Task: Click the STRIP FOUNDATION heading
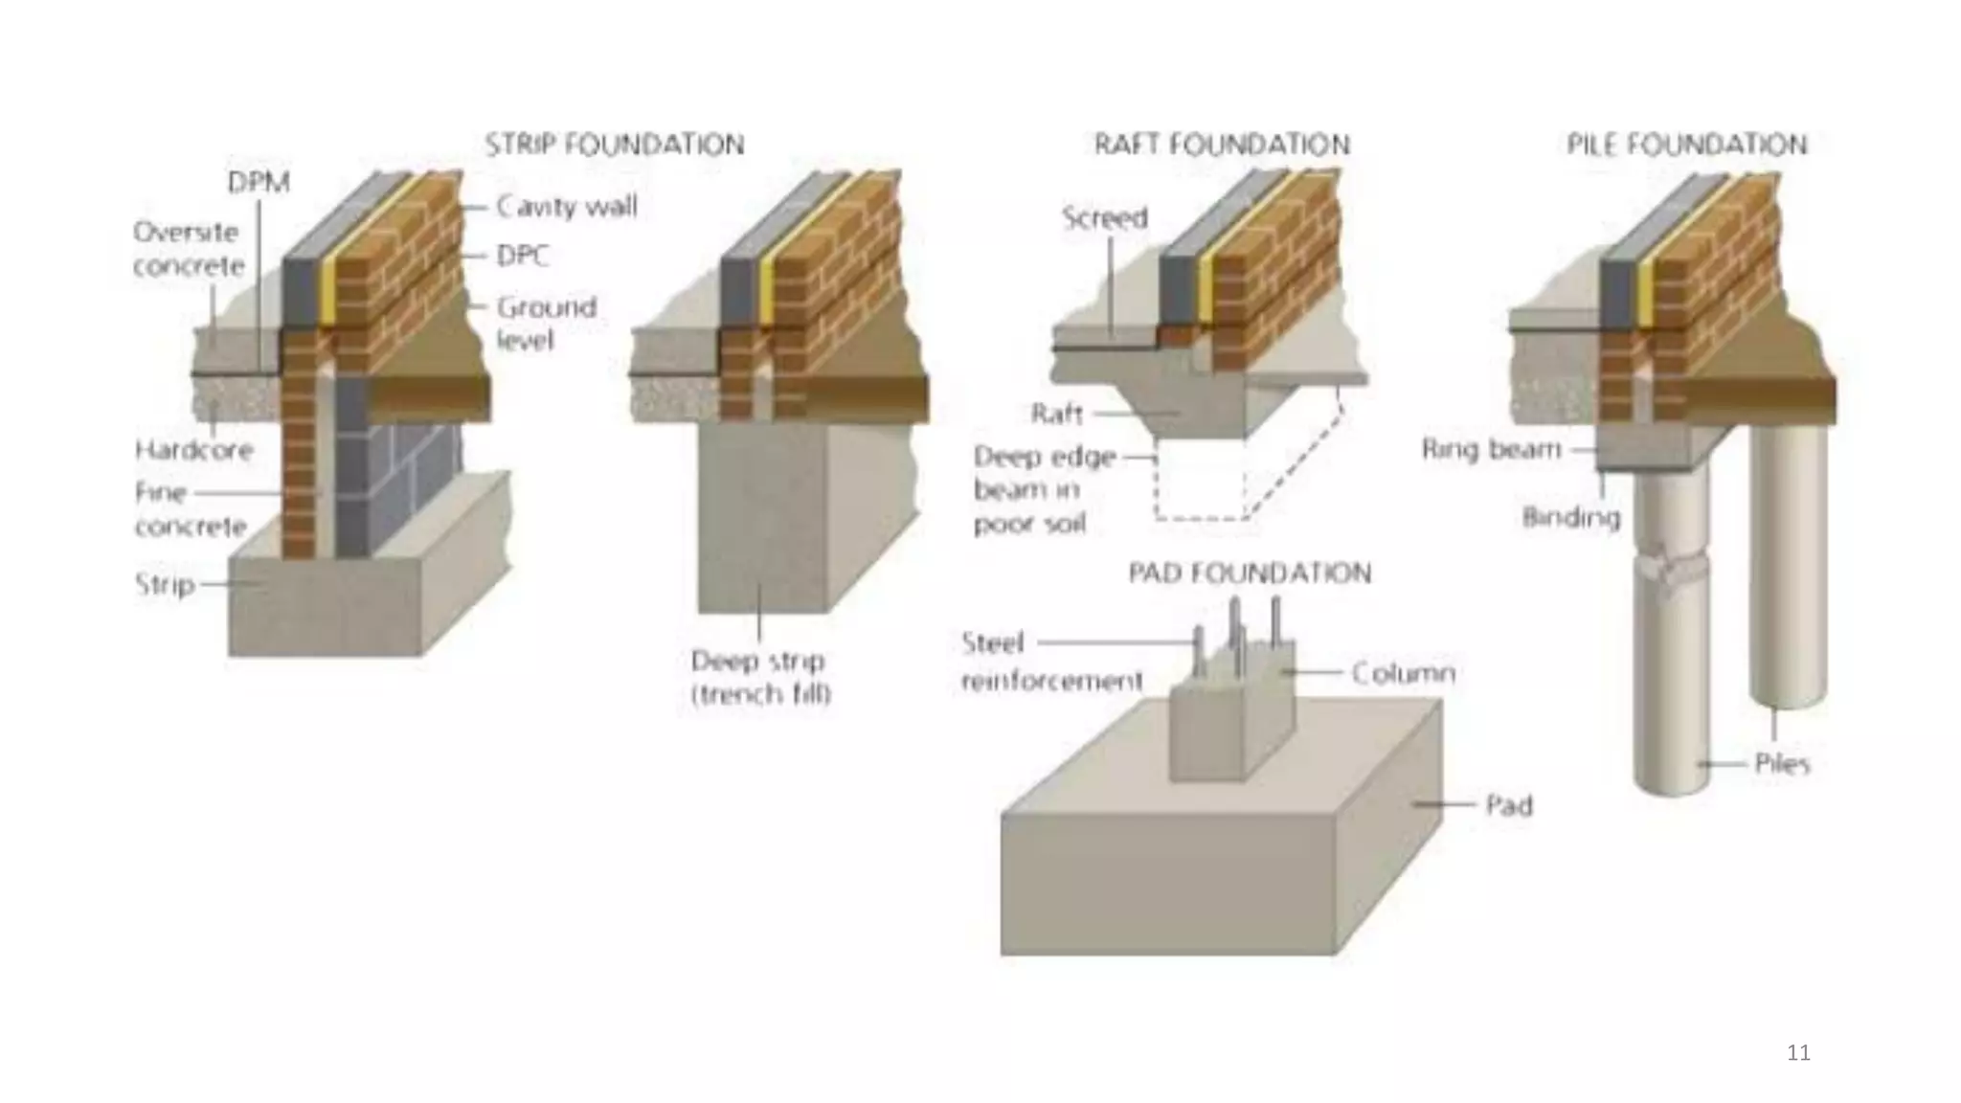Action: (615, 145)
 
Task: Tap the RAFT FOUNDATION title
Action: (1222, 145)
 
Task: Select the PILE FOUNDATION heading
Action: (1687, 145)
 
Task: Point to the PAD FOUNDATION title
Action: (1250, 573)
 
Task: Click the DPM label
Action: (259, 182)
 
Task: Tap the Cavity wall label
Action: (567, 207)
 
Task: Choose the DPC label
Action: (523, 256)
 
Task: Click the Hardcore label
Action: (193, 449)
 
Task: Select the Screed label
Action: (1104, 218)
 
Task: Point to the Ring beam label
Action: (1492, 449)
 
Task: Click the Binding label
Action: (1571, 517)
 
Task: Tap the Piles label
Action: (1782, 763)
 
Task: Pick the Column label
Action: (1403, 673)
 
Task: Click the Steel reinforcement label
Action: (1050, 662)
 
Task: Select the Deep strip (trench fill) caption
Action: (761, 677)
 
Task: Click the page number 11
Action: (1798, 1053)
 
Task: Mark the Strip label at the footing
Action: (165, 584)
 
